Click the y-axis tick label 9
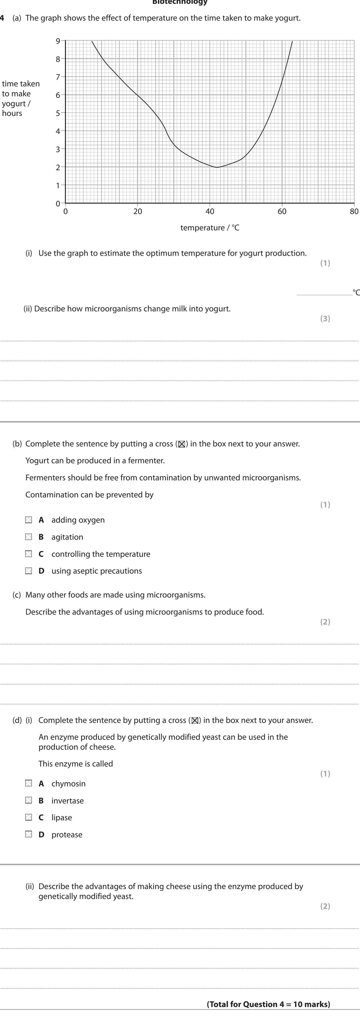pyautogui.click(x=58, y=41)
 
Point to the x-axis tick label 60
pyautogui.click(x=282, y=211)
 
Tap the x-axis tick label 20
pyautogui.click(x=138, y=211)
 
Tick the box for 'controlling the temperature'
pyautogui.click(x=29, y=554)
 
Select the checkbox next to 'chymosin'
pyautogui.click(x=29, y=783)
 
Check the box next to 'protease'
pyautogui.click(x=29, y=834)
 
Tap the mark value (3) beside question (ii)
pyautogui.click(x=325, y=319)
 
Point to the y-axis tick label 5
pyautogui.click(x=58, y=113)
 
